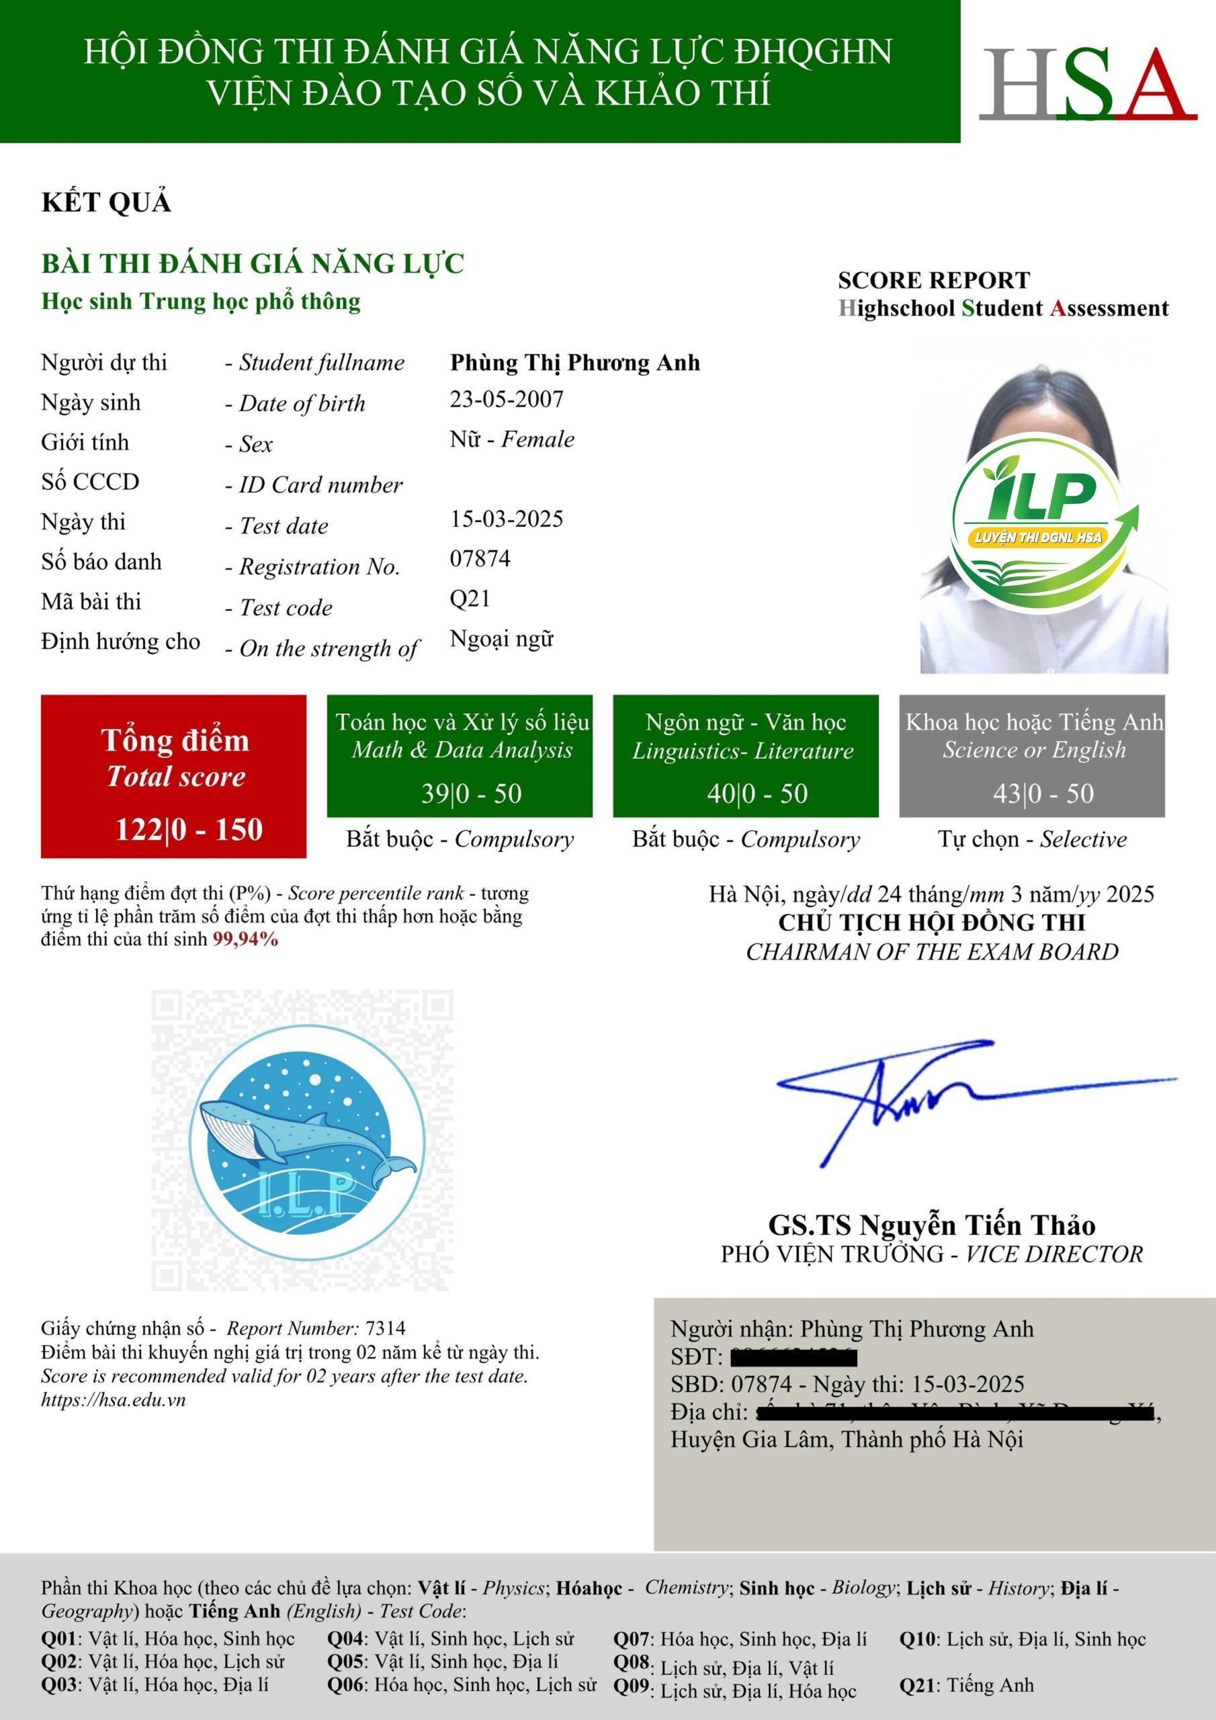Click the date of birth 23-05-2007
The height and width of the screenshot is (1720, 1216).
(507, 399)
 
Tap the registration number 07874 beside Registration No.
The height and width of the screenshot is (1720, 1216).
(480, 559)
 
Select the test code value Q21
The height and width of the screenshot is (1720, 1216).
(470, 599)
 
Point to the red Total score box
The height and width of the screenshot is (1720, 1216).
(173, 776)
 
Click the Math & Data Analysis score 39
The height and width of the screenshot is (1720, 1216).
(435, 793)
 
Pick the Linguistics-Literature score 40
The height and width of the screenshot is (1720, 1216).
(721, 793)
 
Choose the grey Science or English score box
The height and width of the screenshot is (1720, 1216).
(1032, 756)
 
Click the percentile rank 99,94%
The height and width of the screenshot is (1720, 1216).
(246, 939)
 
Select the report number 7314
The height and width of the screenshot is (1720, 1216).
(385, 1328)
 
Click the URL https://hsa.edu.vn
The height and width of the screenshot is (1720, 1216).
(113, 1400)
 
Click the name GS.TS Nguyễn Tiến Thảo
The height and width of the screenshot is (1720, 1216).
(931, 1225)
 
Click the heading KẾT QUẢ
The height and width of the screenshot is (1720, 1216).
(106, 202)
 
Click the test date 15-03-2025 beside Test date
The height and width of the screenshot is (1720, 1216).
(507, 519)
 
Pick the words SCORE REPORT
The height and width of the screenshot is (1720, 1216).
(934, 280)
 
